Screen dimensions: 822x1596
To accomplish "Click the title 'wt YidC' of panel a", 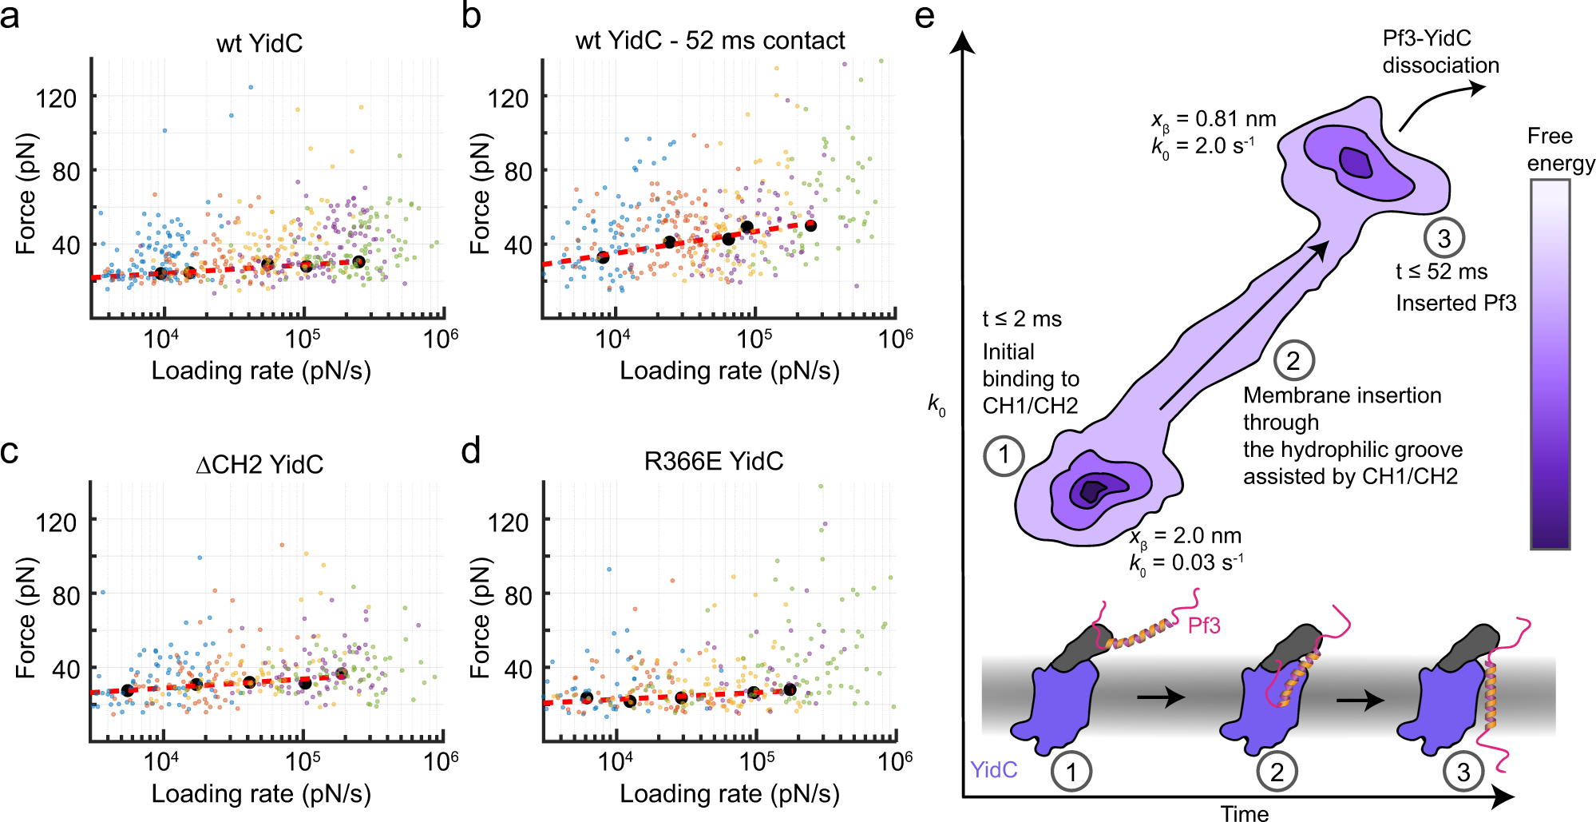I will coord(259,43).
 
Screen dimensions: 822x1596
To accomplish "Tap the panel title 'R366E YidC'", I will coord(713,461).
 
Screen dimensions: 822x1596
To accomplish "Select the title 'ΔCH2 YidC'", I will coord(259,464).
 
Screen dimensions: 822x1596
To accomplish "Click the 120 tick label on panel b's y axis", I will coord(508,98).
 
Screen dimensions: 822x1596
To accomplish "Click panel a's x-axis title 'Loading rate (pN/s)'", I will coord(261,371).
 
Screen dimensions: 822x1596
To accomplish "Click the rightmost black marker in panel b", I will coord(810,226).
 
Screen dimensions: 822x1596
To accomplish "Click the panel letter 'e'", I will coord(924,15).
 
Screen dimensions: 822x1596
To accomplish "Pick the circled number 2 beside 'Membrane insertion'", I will coord(1293,361).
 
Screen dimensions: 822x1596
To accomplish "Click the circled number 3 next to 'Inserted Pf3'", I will coord(1444,237).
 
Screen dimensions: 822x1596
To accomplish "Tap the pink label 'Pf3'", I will coord(1204,625).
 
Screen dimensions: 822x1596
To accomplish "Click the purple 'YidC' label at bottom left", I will coord(993,770).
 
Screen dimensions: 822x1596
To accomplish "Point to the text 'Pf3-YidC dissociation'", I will coord(1440,51).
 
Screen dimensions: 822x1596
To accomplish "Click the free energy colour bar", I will coord(1550,363).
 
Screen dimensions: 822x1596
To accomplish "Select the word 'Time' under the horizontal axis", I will coord(1244,813).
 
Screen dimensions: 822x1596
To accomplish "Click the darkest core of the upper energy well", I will coord(1355,162).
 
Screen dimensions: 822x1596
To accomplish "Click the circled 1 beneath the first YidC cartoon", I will coord(1071,772).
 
